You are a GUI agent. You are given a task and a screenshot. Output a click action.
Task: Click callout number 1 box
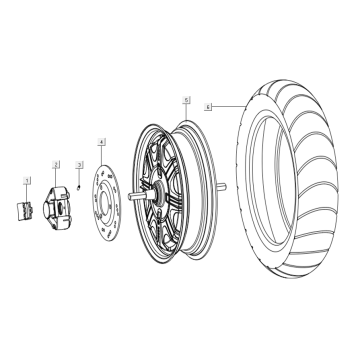click(27, 181)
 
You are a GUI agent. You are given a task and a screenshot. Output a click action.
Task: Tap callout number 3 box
click(79, 163)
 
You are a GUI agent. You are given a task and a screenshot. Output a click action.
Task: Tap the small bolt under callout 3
click(79, 187)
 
